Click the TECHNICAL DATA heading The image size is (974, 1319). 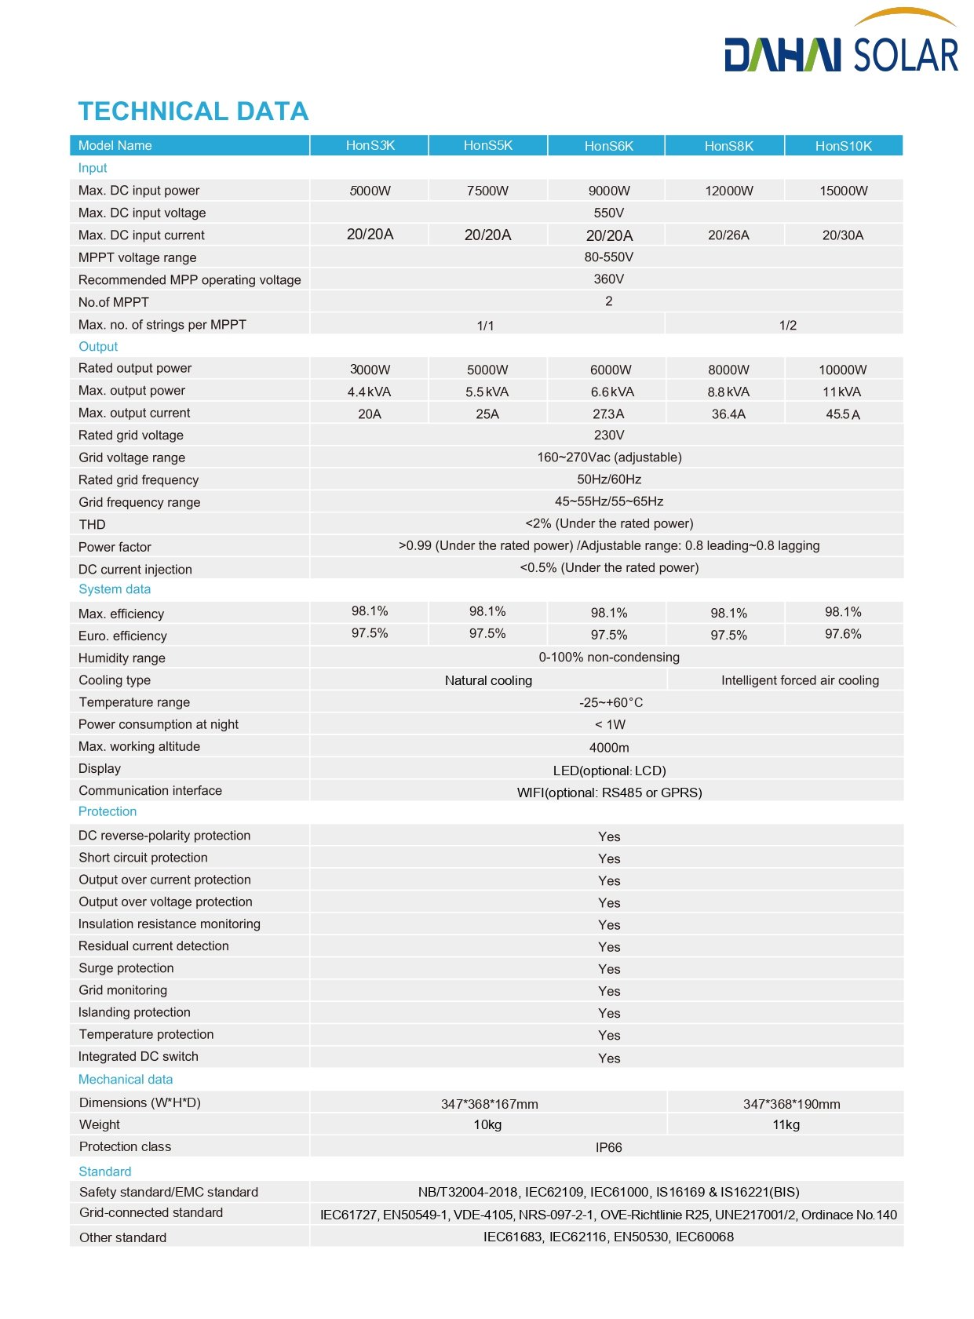point(193,111)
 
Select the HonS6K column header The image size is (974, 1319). point(608,146)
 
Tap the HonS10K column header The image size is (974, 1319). point(843,146)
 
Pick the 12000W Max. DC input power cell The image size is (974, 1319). point(728,191)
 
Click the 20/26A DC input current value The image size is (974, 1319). point(728,235)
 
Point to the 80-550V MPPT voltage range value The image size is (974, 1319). point(608,257)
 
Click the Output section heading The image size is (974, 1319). point(98,347)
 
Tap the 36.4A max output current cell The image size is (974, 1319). point(728,414)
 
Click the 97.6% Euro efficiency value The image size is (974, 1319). point(843,634)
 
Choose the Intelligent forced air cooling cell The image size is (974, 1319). point(800,680)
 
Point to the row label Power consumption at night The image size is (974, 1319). point(159,724)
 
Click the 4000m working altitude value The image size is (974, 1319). point(609,748)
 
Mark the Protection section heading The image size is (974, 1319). point(108,811)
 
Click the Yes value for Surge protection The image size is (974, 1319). point(609,969)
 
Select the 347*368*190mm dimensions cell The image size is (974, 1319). point(791,1104)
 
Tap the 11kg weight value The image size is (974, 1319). point(786,1124)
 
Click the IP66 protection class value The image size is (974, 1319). point(608,1147)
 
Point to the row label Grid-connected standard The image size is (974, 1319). point(151,1212)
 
